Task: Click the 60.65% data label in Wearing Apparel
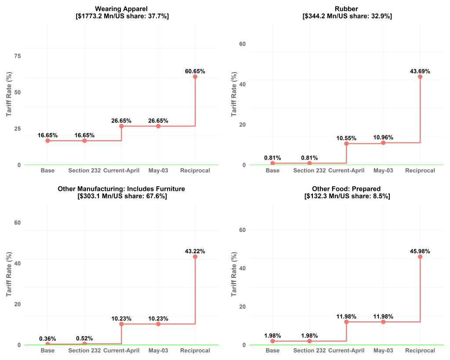(195, 71)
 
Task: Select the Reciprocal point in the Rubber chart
(420, 76)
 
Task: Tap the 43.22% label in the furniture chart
(195, 251)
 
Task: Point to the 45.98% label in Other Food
(420, 251)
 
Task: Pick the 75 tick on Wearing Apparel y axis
(18, 56)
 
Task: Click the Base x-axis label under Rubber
(272, 171)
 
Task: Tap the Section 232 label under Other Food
(309, 350)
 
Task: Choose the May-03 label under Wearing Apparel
(158, 171)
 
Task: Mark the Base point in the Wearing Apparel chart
(47, 141)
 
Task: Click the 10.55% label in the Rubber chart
(346, 138)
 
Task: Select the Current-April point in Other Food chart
(346, 322)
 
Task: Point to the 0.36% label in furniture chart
(47, 338)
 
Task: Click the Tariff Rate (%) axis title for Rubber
(234, 95)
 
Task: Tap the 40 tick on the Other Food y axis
(242, 268)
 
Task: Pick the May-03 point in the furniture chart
(158, 324)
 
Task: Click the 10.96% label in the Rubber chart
(383, 137)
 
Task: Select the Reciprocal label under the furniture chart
(195, 350)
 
